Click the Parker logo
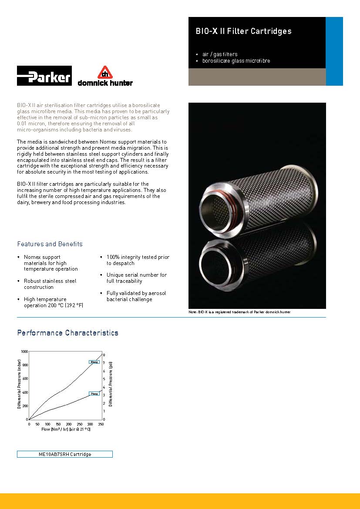click(x=44, y=76)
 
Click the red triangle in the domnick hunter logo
click(x=104, y=72)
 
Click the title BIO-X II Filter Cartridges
click(x=243, y=31)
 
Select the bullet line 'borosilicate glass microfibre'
click(x=236, y=61)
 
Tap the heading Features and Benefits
click(x=50, y=244)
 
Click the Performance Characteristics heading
click(x=67, y=333)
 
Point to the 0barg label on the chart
click(x=94, y=362)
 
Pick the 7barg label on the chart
click(x=94, y=394)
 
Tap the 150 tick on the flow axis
click(x=58, y=424)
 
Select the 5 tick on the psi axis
click(x=104, y=379)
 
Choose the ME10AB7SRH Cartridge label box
click(x=65, y=454)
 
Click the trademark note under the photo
click(x=239, y=312)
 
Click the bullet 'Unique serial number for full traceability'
click(x=136, y=278)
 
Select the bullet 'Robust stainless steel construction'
click(x=50, y=284)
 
